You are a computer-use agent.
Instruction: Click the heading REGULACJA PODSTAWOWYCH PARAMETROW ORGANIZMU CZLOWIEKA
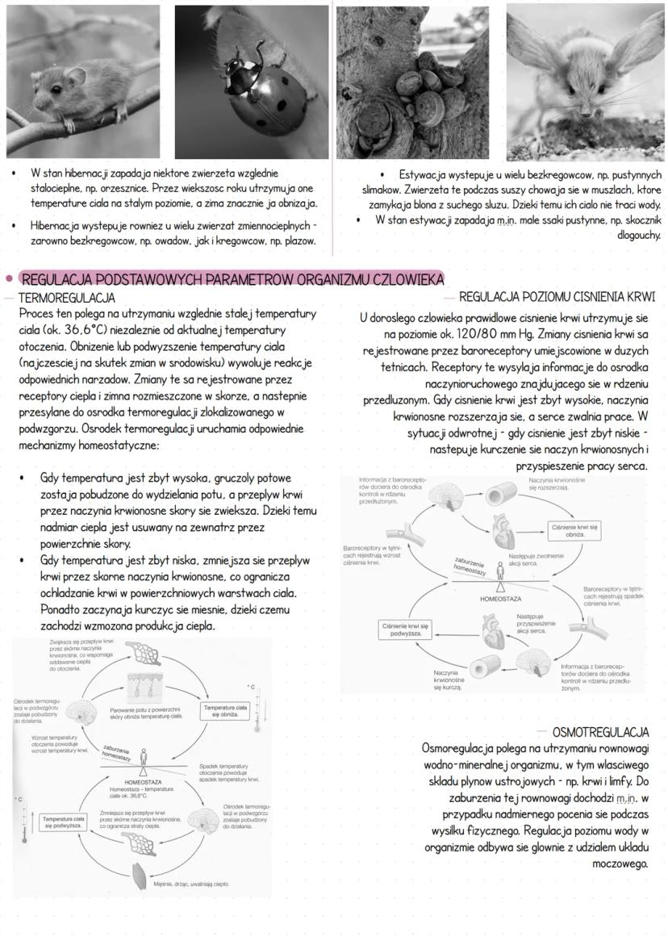pos(232,280)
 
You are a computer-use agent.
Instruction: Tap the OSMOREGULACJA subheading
pos(601,732)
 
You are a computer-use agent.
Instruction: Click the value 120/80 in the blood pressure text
pos(464,333)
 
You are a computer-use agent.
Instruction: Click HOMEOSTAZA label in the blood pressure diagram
pos(500,600)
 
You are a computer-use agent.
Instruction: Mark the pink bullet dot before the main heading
pos(9,280)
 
